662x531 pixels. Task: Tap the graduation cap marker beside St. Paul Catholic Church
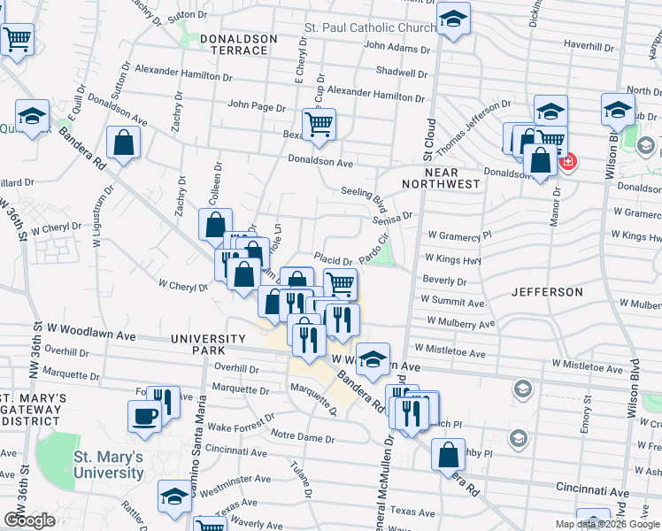(x=454, y=19)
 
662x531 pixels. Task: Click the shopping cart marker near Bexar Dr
(x=319, y=125)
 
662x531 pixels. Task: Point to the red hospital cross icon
(x=566, y=162)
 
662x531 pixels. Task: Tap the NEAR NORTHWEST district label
(x=440, y=177)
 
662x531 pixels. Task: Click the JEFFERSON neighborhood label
(x=546, y=291)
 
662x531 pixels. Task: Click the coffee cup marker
(x=144, y=416)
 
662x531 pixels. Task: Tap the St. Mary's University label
(x=108, y=465)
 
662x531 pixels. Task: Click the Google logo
(x=29, y=520)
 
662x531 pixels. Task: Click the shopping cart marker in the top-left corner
(x=17, y=39)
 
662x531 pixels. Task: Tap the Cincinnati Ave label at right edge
(x=593, y=489)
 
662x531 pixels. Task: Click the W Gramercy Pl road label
(x=458, y=236)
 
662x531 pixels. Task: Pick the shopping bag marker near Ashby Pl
(x=449, y=455)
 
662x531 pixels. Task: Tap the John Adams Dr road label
(x=396, y=46)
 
